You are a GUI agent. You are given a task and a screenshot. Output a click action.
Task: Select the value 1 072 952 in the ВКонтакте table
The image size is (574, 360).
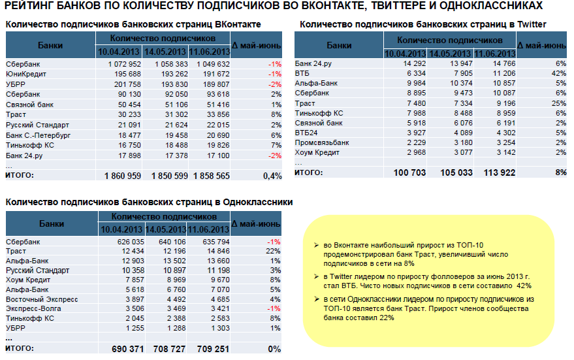click(125, 64)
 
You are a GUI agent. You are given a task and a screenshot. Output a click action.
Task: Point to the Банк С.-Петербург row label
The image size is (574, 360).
click(38, 135)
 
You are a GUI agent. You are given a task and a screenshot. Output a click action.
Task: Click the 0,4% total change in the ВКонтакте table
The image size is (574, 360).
click(272, 176)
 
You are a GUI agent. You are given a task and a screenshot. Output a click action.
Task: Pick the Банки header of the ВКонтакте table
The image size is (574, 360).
click(50, 46)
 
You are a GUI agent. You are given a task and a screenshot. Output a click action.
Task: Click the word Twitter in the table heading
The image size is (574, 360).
click(532, 25)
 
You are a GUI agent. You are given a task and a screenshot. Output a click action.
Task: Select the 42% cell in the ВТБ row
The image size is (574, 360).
click(558, 73)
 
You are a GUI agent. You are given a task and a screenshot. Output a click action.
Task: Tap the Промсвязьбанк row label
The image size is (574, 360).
click(322, 142)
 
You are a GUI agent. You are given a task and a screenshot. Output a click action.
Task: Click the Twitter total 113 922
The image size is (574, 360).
click(500, 172)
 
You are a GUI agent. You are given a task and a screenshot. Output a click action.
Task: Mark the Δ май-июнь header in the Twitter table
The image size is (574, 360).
click(542, 46)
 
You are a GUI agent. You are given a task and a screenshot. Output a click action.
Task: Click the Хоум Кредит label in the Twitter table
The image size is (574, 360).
click(317, 152)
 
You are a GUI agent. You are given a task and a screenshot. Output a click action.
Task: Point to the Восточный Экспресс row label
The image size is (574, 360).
click(42, 299)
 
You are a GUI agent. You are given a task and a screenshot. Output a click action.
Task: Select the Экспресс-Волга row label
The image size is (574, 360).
click(33, 309)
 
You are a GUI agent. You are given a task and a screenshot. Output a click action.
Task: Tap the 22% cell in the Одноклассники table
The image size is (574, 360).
click(273, 251)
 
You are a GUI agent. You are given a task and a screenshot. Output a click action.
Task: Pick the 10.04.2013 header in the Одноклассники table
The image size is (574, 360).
click(121, 229)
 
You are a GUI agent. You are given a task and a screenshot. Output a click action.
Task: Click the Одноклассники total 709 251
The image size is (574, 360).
click(213, 349)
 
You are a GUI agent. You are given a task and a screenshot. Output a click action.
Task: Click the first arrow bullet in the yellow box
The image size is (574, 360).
click(317, 245)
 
